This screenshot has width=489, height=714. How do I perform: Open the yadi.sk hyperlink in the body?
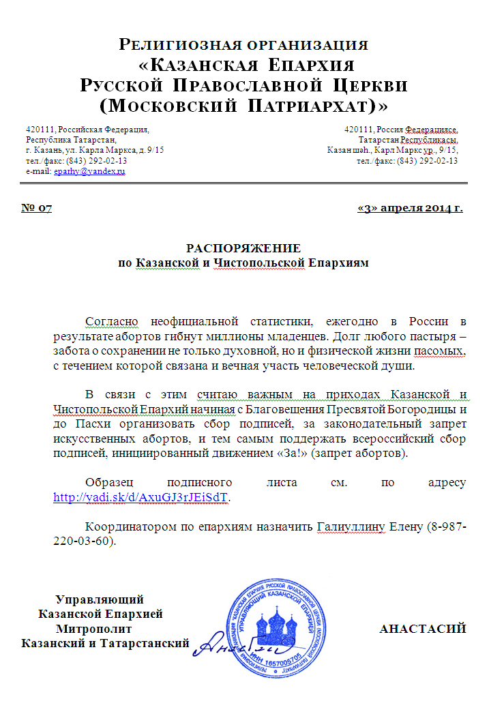(141, 497)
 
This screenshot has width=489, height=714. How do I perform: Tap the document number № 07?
(37, 208)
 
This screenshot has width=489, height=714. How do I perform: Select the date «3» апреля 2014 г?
(410, 208)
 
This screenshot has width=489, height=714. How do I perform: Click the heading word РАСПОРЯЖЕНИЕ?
(243, 248)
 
